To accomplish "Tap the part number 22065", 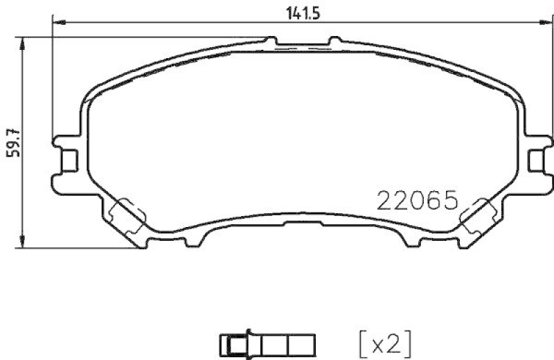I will pos(418,201).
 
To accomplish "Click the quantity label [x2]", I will pos(386,341).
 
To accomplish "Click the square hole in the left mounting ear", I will pos(69,160).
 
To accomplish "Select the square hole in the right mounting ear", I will pos(535,160).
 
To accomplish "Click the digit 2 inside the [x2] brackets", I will pos(396,341).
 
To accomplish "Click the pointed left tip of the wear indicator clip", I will pos(221,342).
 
